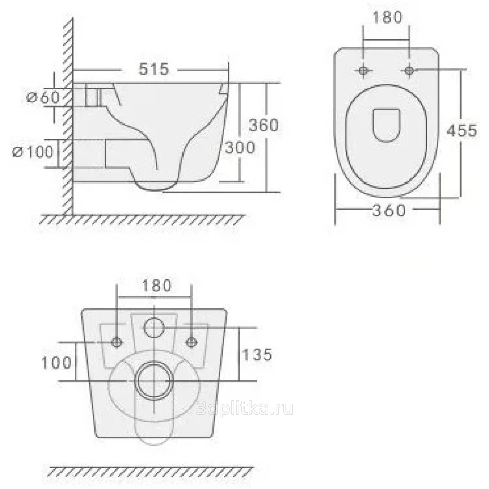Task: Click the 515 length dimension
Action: click(154, 69)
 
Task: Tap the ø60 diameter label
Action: click(43, 97)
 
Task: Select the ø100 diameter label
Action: click(33, 152)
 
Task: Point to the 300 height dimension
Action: click(240, 147)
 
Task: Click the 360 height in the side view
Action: click(264, 125)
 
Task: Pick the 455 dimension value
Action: click(462, 130)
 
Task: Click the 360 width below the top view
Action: click(389, 211)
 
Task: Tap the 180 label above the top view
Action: click(388, 17)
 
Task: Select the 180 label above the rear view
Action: click(157, 286)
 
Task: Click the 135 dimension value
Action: click(257, 355)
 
